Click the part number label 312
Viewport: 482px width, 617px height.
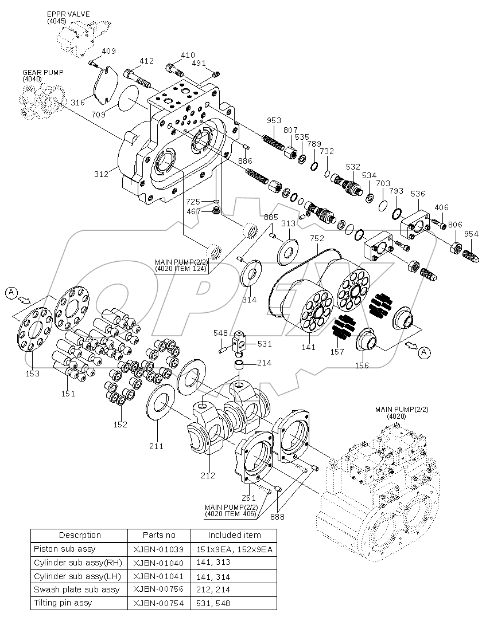coord(102,174)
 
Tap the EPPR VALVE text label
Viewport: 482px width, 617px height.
coord(68,14)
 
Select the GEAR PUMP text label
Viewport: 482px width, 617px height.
coord(43,73)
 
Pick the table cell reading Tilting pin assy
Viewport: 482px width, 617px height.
coord(63,603)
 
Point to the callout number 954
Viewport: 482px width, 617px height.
coord(471,234)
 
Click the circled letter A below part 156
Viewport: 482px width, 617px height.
coord(423,352)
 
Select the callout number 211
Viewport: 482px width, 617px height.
coord(157,446)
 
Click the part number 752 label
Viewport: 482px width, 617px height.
coord(317,238)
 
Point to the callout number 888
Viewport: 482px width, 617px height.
coord(278,517)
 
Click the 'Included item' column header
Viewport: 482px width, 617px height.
coord(234,535)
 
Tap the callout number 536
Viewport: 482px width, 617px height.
coord(418,194)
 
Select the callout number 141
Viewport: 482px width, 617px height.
coord(309,347)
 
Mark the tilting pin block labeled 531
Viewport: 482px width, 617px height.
coord(239,344)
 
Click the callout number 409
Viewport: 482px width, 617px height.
coord(109,52)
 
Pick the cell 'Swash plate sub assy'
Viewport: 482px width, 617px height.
coord(77,589)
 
